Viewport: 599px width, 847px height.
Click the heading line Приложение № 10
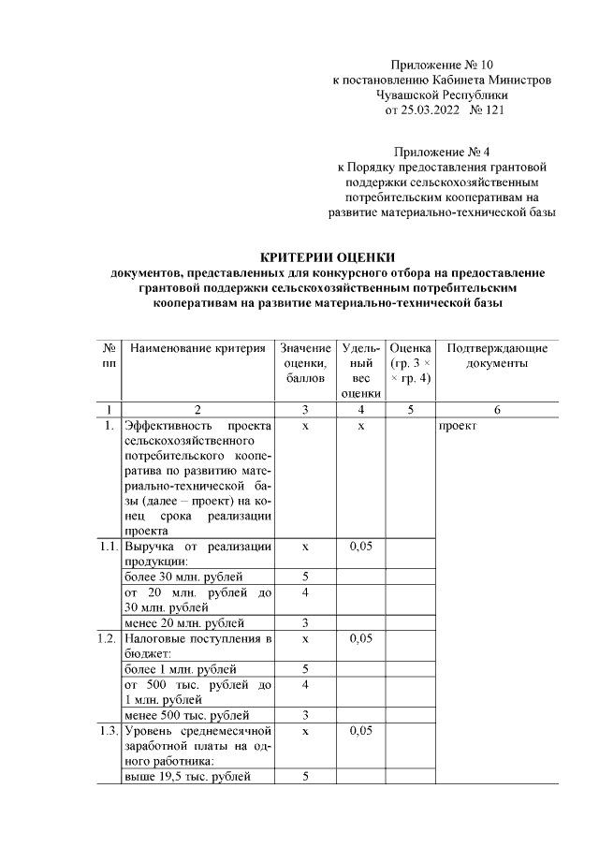(x=443, y=65)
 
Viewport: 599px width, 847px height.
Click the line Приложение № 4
(x=443, y=152)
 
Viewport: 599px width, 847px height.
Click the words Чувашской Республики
(x=442, y=95)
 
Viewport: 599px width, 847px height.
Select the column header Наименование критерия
(x=197, y=349)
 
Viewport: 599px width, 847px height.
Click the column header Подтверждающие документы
(x=497, y=356)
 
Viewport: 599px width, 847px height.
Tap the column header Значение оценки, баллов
(x=305, y=363)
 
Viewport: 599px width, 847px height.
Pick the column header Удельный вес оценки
(x=359, y=371)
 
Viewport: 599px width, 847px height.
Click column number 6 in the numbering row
(x=497, y=409)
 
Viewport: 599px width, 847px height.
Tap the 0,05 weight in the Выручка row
(x=359, y=546)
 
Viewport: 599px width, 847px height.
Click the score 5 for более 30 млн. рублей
(x=305, y=577)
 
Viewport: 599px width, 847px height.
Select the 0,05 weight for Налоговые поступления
(x=359, y=638)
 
